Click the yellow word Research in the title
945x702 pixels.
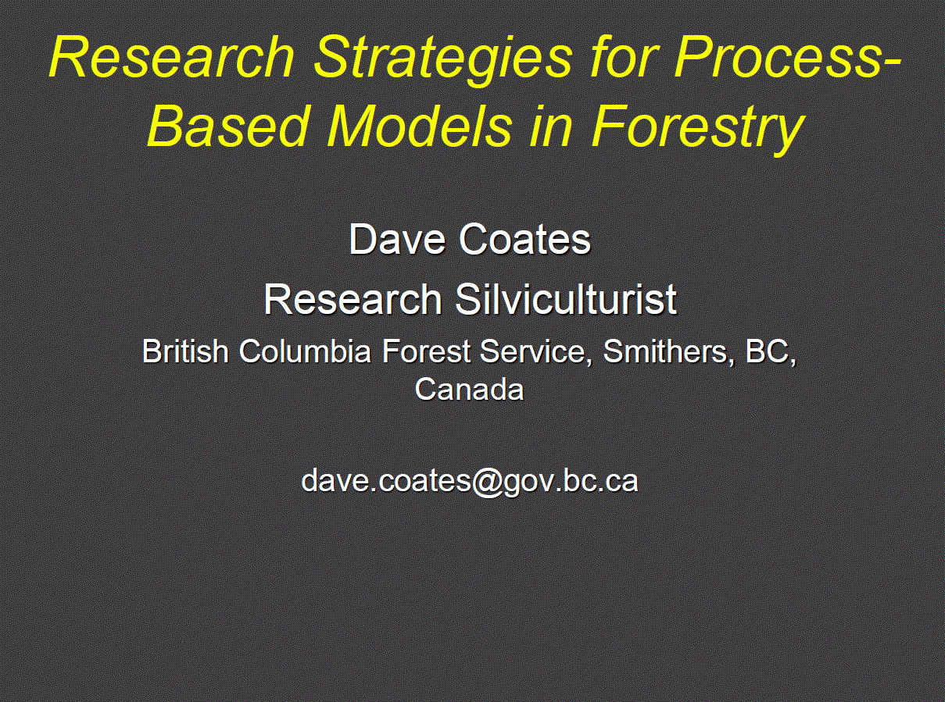click(x=171, y=57)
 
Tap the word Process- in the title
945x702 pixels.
click(x=786, y=57)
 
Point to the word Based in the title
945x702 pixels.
click(x=227, y=126)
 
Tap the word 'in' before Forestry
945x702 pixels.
click(x=550, y=127)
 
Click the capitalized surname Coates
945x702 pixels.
click(x=525, y=239)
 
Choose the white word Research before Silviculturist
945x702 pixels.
click(x=353, y=299)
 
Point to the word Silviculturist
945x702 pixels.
click(x=566, y=299)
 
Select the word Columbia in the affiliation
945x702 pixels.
click(x=305, y=351)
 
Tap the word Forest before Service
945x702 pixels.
click(x=426, y=351)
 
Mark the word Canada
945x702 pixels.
click(x=469, y=389)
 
